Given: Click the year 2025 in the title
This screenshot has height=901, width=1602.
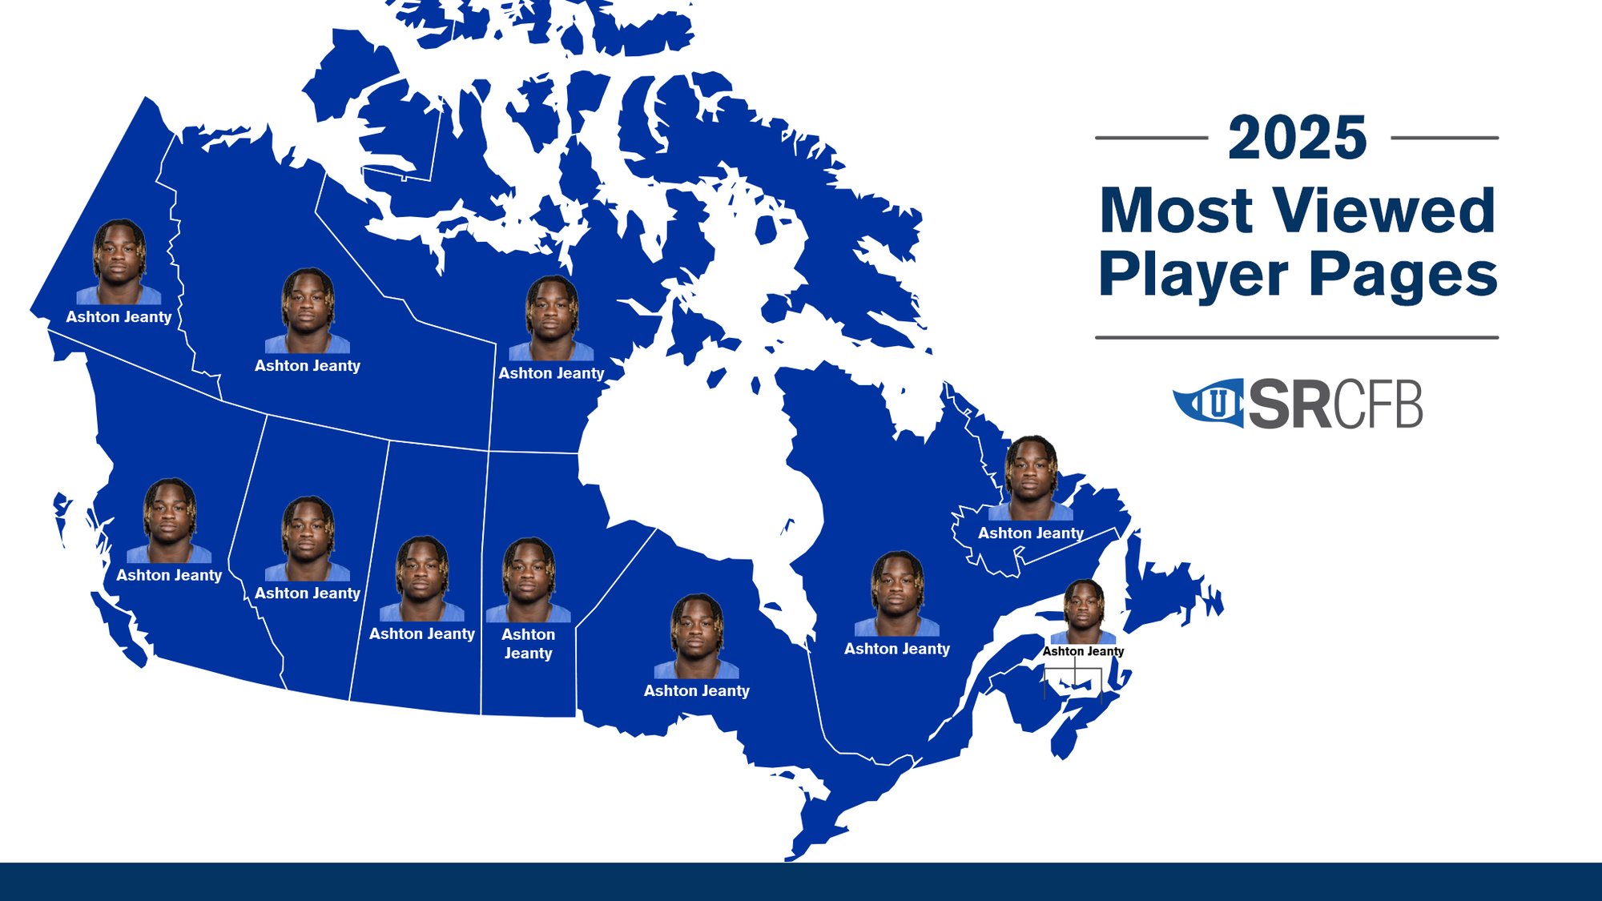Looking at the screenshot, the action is click(1297, 138).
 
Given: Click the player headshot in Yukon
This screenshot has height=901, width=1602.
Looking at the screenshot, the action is click(119, 262).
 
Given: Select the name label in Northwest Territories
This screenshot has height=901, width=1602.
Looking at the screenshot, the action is click(308, 366).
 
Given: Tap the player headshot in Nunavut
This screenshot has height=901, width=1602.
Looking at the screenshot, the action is click(551, 318).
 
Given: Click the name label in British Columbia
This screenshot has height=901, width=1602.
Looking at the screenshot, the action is click(169, 575).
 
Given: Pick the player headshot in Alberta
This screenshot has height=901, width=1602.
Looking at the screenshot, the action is click(308, 538).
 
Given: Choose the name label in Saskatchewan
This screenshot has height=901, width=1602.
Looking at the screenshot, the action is click(422, 634).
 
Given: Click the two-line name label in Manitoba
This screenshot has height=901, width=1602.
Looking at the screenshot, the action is click(528, 644).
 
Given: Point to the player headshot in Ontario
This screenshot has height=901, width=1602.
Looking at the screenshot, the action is click(696, 636).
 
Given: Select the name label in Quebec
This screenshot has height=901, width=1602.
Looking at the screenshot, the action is click(897, 649).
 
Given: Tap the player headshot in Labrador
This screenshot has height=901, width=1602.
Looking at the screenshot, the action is click(1031, 478).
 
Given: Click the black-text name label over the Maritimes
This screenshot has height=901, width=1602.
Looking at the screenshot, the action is click(1083, 651).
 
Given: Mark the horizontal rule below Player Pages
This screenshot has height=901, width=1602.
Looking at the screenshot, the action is click(1297, 337).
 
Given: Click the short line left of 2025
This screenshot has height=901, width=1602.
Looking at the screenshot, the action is click(1151, 138).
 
